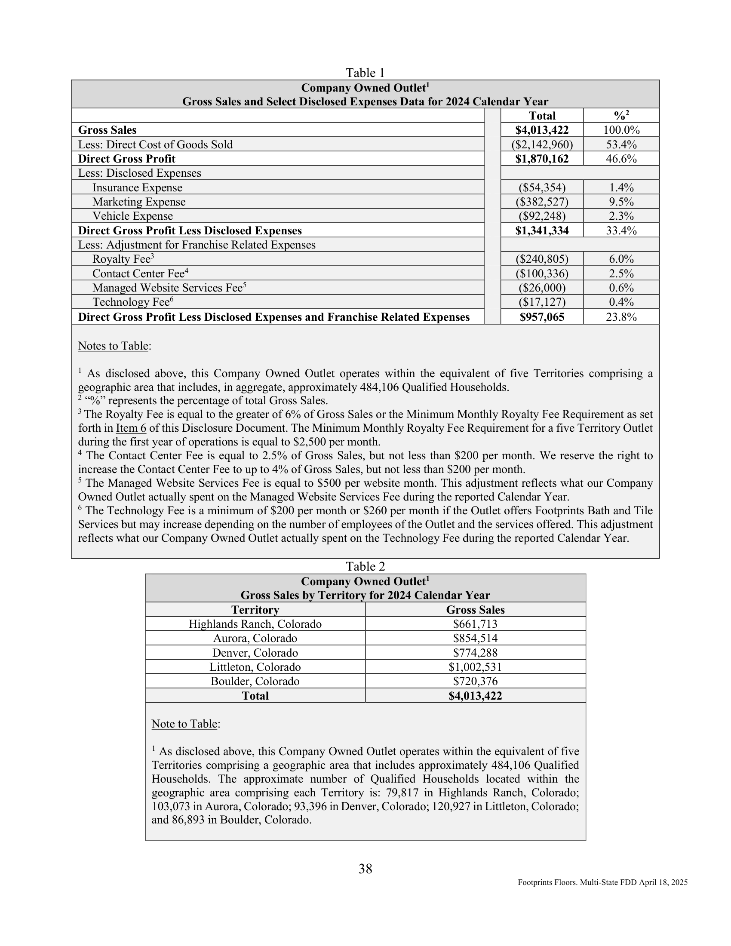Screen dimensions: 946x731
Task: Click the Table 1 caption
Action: click(365, 72)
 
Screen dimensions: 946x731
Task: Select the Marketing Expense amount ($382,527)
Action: click(542, 202)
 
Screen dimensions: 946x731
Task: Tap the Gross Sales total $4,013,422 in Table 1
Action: click(542, 130)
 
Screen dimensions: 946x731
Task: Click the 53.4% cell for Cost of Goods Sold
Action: click(621, 144)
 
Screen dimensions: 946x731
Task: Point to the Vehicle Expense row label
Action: click(132, 216)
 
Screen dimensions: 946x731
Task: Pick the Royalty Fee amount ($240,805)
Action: click(542, 259)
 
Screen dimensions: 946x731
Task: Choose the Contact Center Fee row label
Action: click(140, 273)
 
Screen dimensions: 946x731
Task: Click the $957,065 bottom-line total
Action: click(542, 317)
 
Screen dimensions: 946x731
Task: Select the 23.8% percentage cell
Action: click(621, 317)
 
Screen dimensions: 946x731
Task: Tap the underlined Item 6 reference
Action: click(131, 428)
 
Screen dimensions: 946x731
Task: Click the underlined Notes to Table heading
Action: click(113, 346)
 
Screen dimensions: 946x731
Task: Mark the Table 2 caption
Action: click(365, 567)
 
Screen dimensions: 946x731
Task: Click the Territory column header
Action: click(255, 610)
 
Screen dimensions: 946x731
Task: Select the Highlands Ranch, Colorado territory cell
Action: click(255, 624)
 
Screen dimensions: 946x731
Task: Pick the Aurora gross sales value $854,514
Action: click(475, 639)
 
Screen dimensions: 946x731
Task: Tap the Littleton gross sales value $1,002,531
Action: click(475, 667)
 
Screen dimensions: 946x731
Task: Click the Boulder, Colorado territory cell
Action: click(255, 682)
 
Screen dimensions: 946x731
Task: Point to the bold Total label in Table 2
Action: click(255, 696)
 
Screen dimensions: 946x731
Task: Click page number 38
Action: click(365, 869)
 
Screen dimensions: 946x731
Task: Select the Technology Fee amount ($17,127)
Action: click(542, 302)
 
